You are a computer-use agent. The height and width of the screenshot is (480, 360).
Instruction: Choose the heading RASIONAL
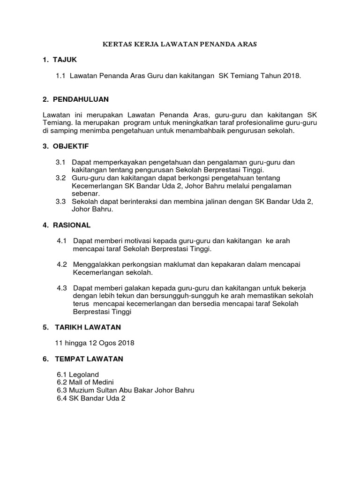[x=73, y=225]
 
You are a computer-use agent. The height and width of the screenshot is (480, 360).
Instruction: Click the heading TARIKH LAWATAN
[x=89, y=327]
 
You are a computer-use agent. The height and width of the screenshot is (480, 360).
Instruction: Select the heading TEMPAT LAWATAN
[x=89, y=359]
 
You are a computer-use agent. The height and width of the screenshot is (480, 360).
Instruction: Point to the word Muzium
[x=81, y=390]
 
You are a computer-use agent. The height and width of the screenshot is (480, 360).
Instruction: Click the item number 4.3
[x=62, y=288]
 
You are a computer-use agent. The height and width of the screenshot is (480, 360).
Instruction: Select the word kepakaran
[x=225, y=264]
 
